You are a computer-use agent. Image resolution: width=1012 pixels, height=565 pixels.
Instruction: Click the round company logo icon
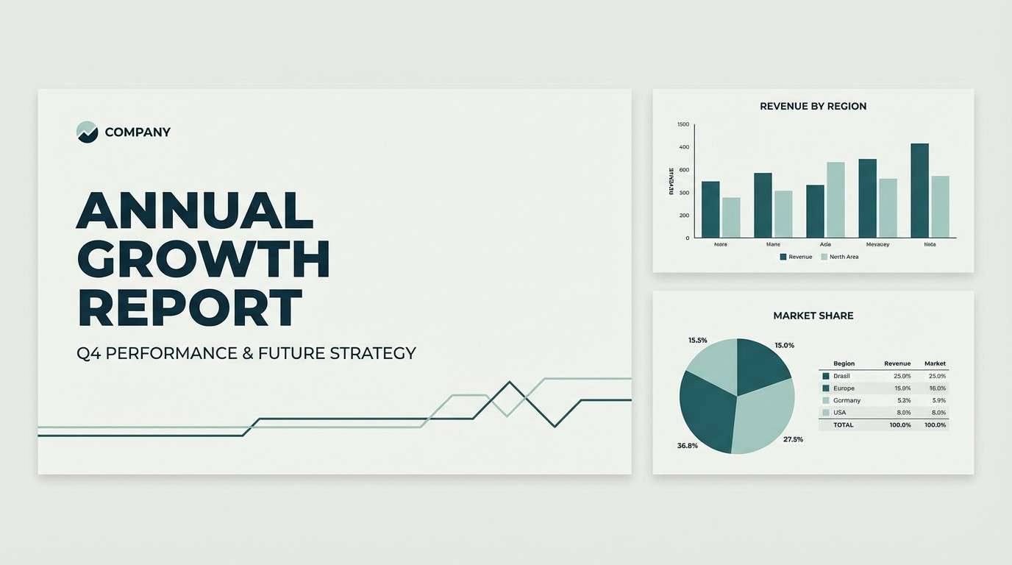87,132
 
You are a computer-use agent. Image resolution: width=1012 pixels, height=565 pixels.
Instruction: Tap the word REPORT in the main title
190,307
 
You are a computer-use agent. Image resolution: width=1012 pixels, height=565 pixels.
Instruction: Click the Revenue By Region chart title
813,106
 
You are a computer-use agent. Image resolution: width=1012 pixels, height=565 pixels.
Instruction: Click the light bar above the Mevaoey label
888,207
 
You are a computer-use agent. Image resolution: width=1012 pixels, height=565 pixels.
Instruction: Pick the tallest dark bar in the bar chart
919,190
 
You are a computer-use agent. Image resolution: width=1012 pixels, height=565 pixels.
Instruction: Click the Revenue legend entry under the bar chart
796,257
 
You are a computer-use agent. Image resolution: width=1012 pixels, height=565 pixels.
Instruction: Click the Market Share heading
813,316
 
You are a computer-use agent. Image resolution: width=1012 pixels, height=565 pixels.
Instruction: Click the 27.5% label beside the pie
793,439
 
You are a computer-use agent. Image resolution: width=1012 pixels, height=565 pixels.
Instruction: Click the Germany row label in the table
847,400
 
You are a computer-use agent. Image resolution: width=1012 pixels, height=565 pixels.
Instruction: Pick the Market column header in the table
935,363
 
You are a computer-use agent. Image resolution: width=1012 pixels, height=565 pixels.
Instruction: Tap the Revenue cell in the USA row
902,413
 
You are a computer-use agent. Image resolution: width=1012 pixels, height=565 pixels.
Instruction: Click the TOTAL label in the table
843,425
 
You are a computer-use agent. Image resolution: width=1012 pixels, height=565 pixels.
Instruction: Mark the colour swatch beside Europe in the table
826,388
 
